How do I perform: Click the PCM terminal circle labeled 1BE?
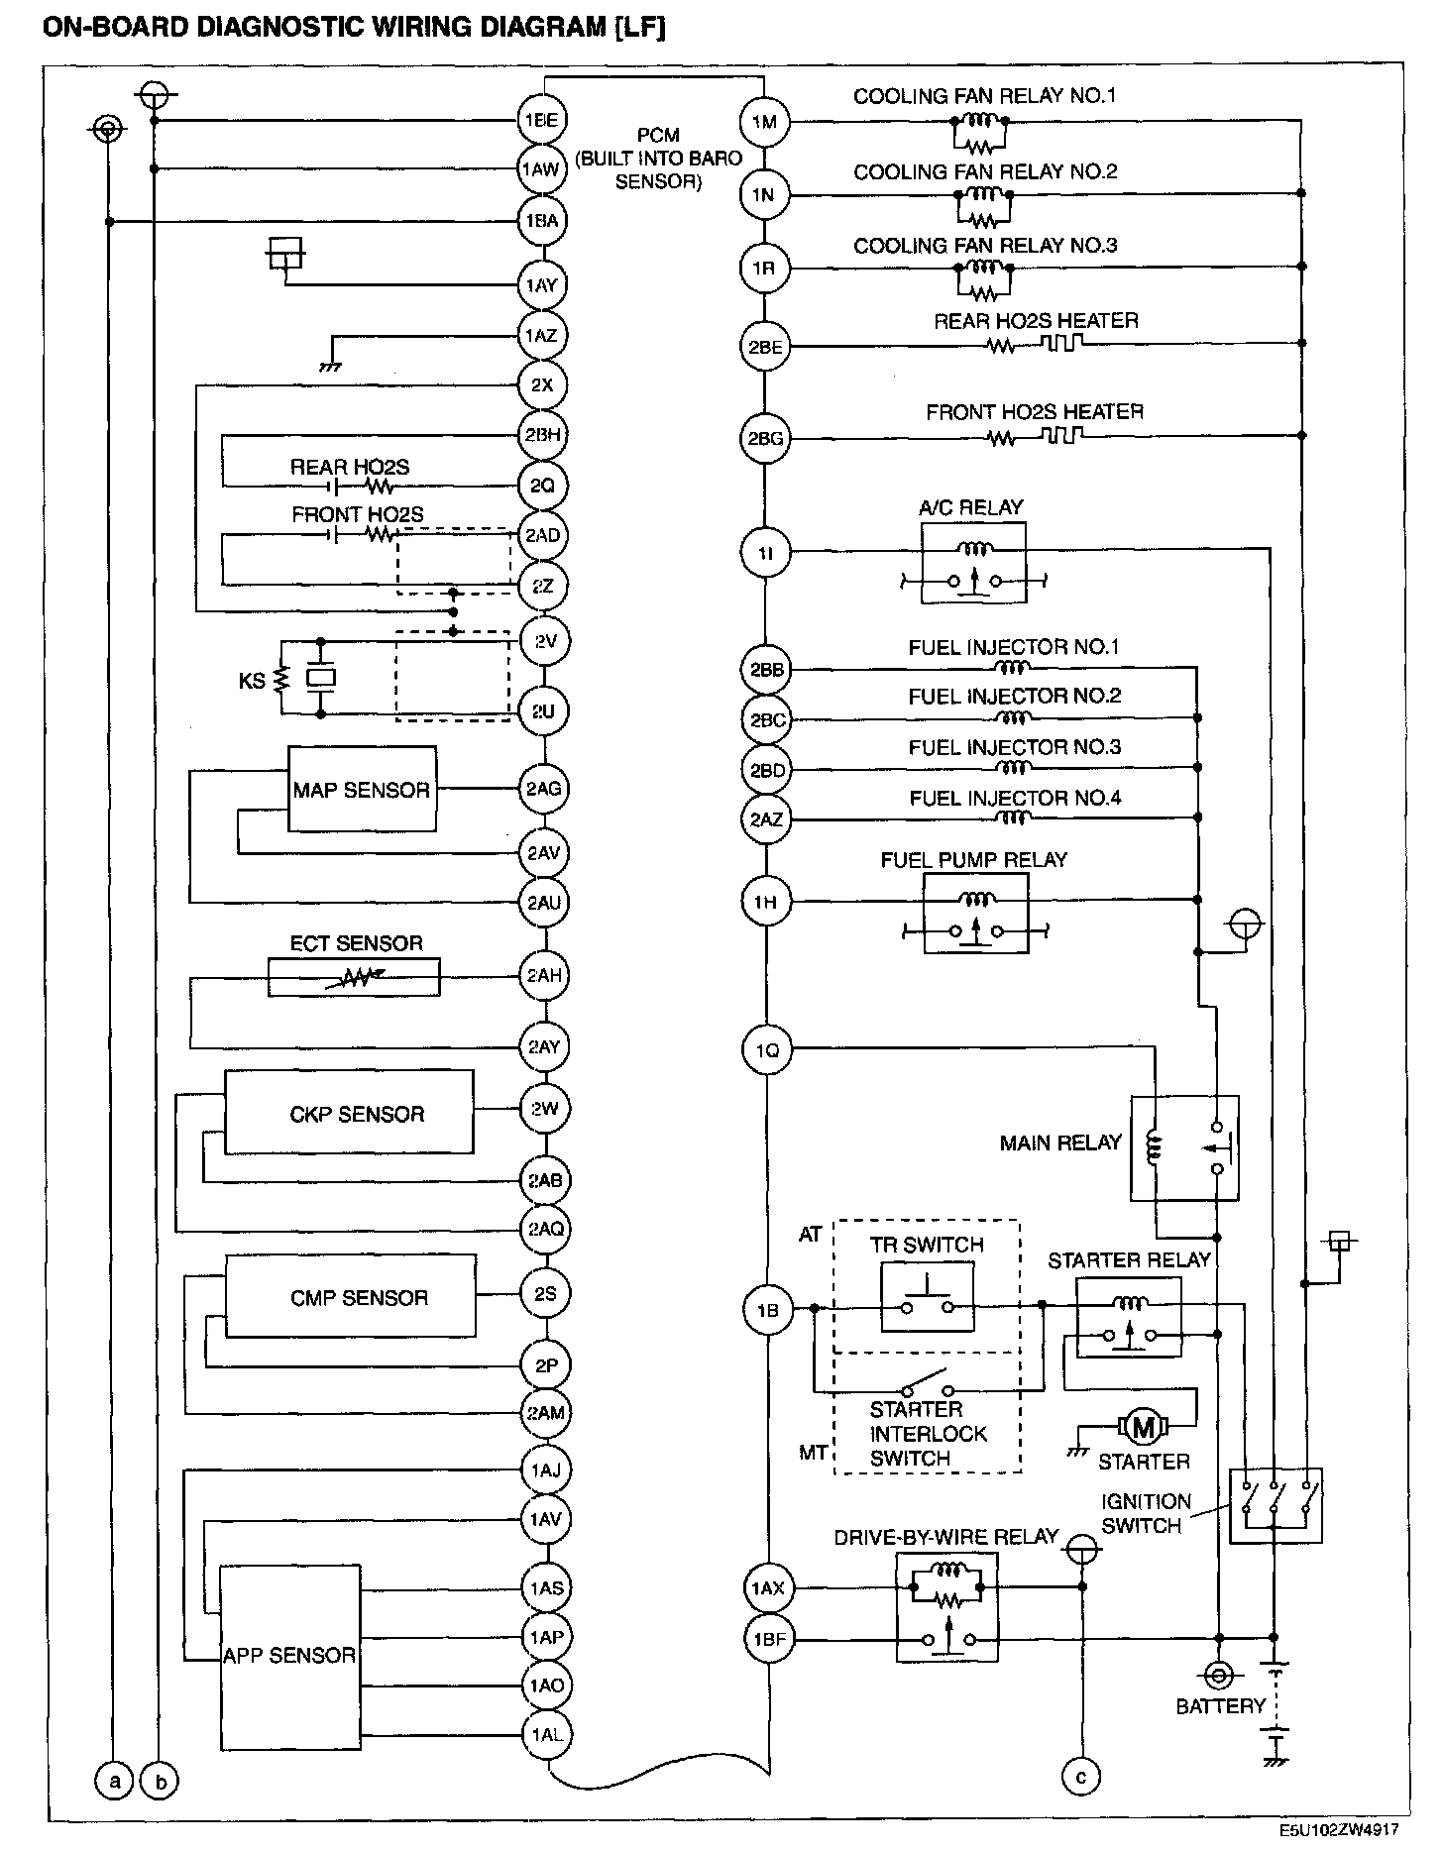coord(541,121)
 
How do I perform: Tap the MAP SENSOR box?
coord(362,790)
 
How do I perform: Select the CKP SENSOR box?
coord(349,1112)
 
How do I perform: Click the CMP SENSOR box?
coord(351,1296)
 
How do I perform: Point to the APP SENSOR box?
coord(289,1656)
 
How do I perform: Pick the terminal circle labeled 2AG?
coord(544,790)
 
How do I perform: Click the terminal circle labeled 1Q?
coord(767,1049)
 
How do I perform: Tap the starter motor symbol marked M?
coord(1144,1427)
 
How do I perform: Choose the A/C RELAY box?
coord(973,562)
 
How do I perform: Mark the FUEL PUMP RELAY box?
coord(975,914)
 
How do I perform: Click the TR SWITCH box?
coord(928,1297)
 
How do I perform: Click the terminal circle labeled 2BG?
coord(766,438)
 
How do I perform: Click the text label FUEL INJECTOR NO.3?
coord(1014,747)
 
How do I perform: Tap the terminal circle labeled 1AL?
coord(546,1734)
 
